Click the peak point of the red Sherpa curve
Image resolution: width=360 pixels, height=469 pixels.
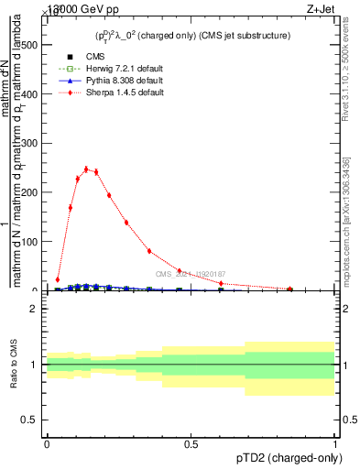(x=86, y=169)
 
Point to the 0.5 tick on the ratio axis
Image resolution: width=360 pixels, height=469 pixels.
(x=30, y=420)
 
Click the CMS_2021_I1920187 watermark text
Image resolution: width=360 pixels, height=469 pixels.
(x=190, y=274)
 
